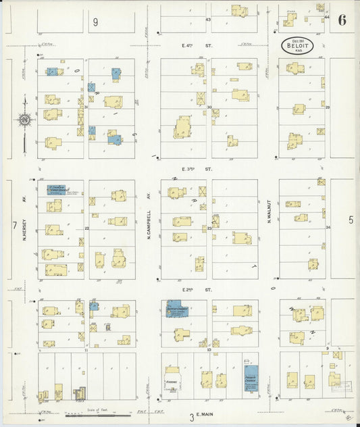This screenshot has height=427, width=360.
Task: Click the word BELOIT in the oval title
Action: click(x=297, y=46)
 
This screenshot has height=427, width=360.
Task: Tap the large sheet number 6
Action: click(x=342, y=20)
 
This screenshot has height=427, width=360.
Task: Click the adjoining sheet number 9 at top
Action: click(x=96, y=22)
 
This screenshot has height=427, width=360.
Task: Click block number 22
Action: click(x=87, y=229)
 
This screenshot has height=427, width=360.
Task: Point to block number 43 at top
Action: click(x=209, y=20)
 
